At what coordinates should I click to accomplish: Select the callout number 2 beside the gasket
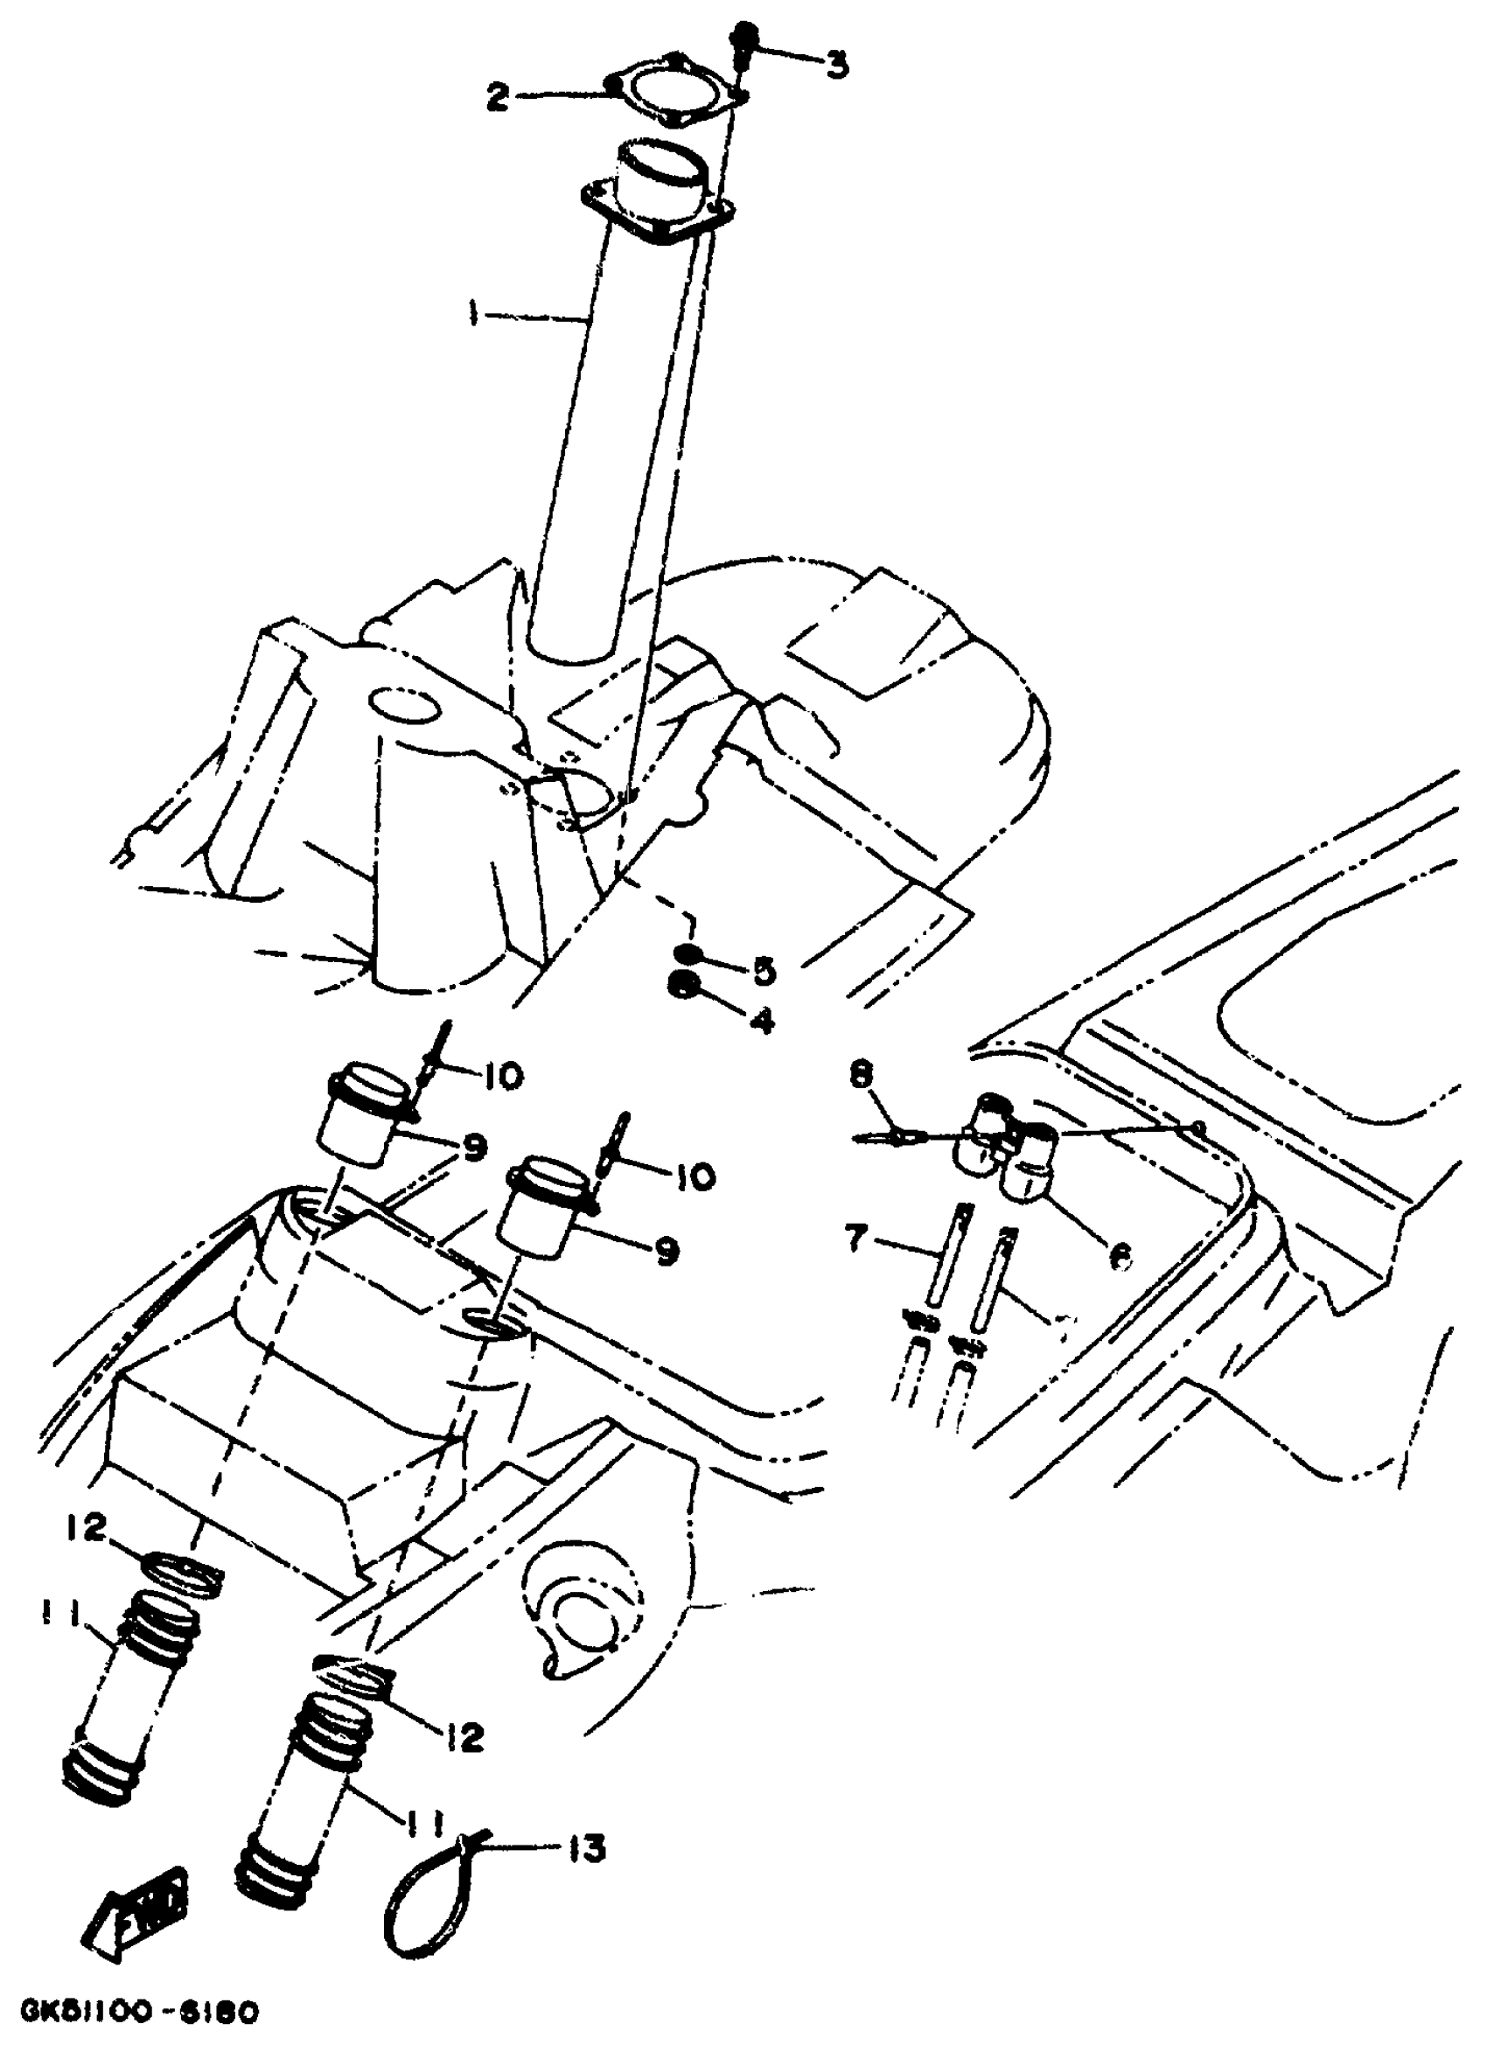pos(499,95)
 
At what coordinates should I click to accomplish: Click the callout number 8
pos(862,1076)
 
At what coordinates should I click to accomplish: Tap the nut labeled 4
pos(684,988)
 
